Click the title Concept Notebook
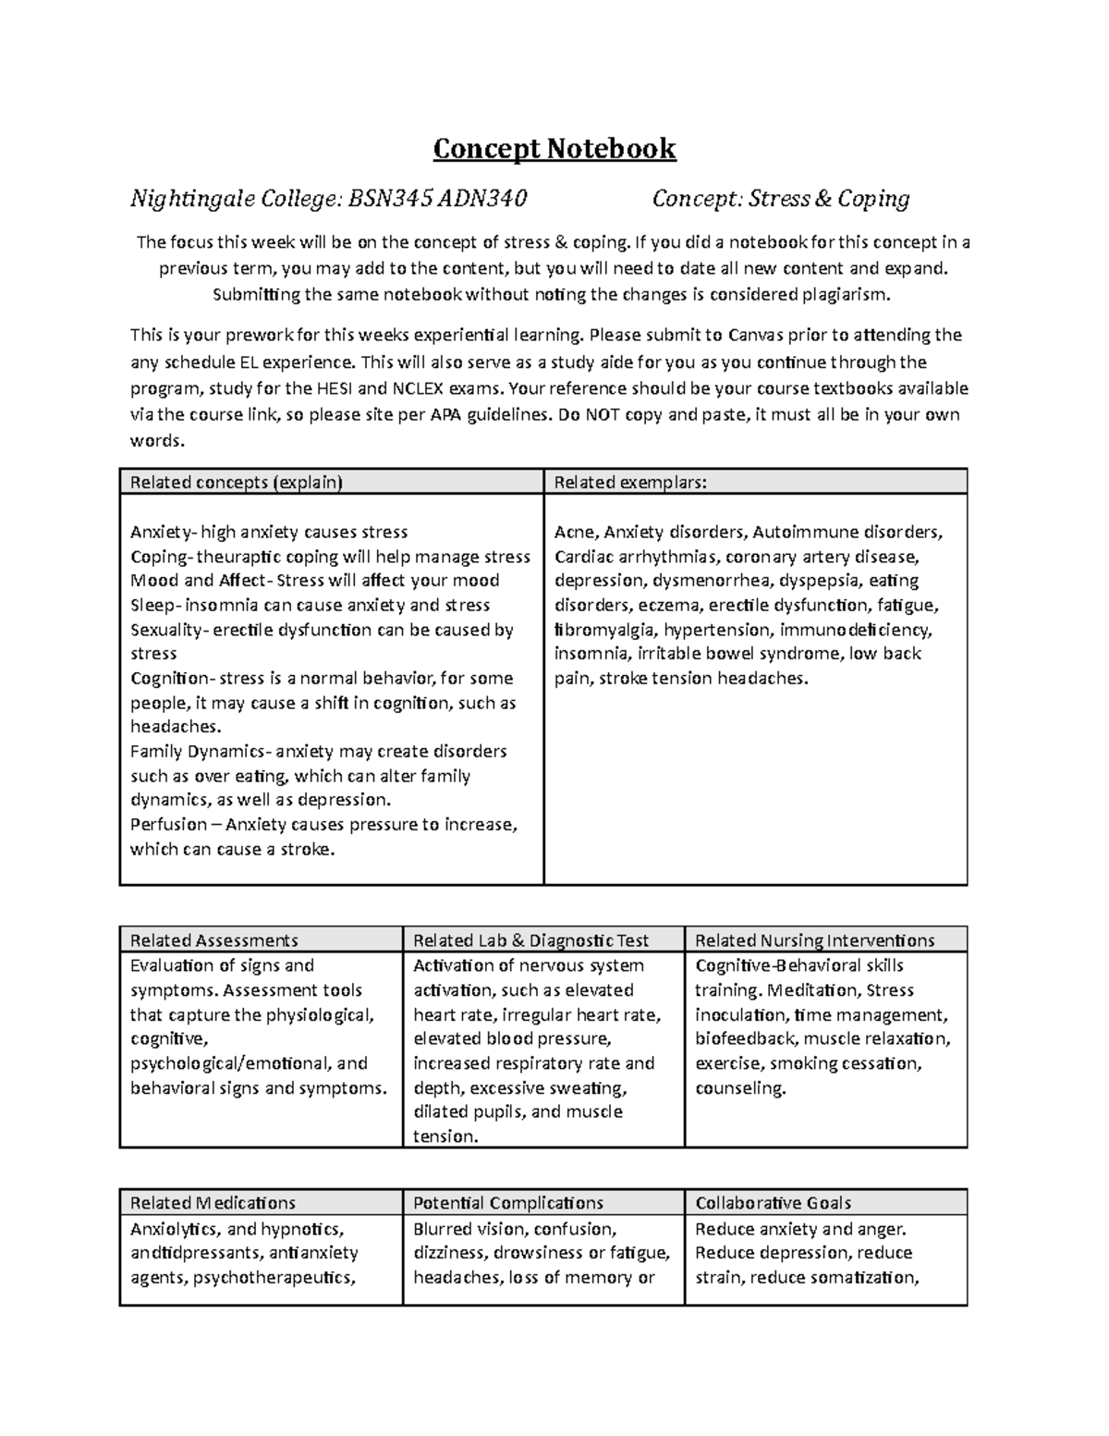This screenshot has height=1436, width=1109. tap(554, 149)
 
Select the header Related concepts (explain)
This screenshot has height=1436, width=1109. tap(236, 482)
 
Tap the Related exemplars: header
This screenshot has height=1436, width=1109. tap(630, 482)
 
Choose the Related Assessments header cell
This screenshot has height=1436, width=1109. tap(213, 940)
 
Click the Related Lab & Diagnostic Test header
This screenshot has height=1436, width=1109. tap(530, 940)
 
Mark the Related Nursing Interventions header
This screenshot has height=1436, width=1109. tap(814, 940)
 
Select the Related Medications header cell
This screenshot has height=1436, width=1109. tap(213, 1203)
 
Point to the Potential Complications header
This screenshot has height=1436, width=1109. tap(507, 1203)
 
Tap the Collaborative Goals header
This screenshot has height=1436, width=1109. tap(773, 1203)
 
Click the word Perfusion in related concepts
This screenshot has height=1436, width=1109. tap(167, 825)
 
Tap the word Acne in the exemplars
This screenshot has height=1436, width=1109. tap(574, 533)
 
